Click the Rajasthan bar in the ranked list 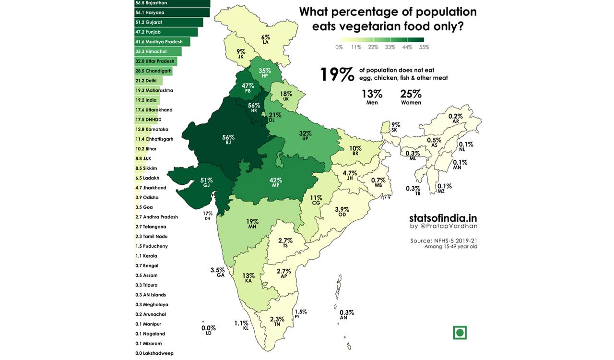(172, 3)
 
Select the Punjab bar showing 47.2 (166, 32)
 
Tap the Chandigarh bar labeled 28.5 (153, 71)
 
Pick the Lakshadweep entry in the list (154, 353)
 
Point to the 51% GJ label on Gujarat (206, 183)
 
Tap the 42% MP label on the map (275, 183)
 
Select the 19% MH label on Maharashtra (252, 224)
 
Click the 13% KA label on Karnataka (248, 278)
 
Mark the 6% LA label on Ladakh (265, 39)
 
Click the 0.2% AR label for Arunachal (455, 119)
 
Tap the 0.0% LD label (209, 330)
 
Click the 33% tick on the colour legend (390, 47)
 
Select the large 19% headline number (337, 74)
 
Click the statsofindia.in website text (443, 218)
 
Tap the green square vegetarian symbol (460, 332)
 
